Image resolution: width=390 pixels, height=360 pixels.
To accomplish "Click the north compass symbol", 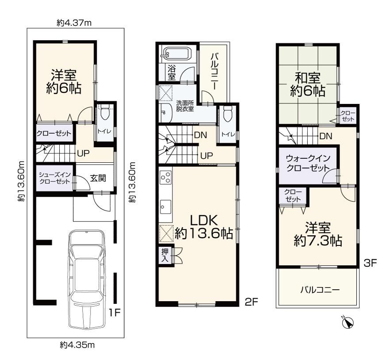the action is pos(348,323).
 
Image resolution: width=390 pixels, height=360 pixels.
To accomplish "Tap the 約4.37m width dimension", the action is pos(74,23).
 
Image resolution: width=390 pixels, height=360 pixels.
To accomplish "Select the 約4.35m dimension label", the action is pos(77,345).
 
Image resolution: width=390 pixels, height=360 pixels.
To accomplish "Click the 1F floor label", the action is pos(115,312).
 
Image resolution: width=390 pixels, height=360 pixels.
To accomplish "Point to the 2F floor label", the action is pos(252,302).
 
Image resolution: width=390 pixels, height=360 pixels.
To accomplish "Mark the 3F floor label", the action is pos(371,263).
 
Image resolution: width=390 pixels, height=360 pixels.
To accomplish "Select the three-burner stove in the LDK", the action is pos(165,177).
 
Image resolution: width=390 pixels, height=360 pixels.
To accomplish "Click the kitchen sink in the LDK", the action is pos(165,207).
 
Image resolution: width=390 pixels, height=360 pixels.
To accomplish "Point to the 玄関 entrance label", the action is pos(98,178).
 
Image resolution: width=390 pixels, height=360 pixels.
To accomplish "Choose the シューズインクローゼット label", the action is pos(55,178).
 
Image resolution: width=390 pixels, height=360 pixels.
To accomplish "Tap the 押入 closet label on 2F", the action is pos(164,255).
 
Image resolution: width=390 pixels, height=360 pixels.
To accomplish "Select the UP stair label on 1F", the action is pos(83,153).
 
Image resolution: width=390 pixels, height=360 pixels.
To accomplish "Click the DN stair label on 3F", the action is pos(326,136).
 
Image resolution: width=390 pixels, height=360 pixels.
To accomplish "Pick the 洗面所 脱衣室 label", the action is pos(185,106).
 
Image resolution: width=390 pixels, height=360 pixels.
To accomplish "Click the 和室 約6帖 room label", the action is pos(308,84).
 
